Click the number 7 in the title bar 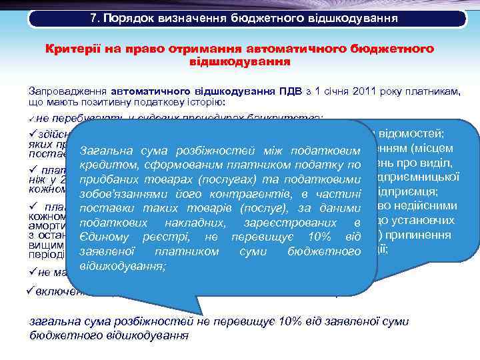tap(93, 18)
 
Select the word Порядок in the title tap(127, 18)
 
